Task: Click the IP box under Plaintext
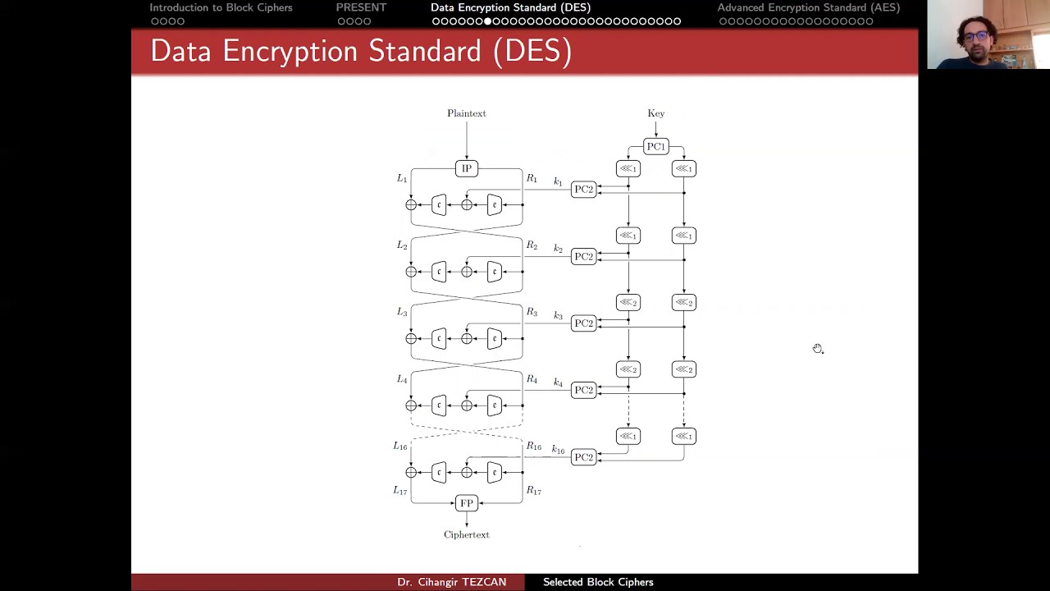466,168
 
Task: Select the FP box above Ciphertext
466,503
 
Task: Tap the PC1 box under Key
655,147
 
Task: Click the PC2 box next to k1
583,190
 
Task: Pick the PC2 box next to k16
583,457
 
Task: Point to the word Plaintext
466,113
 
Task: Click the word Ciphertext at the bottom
466,534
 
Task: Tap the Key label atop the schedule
655,113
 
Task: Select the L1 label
402,178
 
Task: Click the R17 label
533,491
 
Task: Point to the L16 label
400,446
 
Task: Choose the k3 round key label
558,315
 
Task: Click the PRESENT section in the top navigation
361,7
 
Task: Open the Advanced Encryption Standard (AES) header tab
808,7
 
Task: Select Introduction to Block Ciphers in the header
221,7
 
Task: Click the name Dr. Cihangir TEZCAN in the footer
451,582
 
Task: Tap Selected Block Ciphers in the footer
598,582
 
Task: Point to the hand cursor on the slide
818,349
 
